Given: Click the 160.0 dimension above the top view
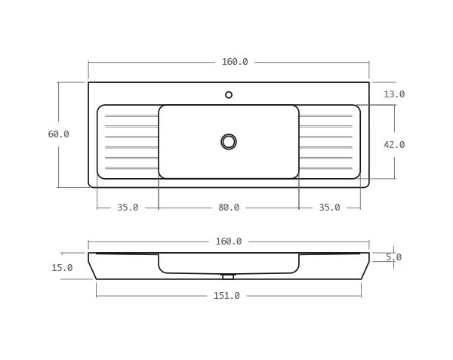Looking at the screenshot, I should click(235, 62).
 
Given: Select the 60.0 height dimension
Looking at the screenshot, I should click(58, 134).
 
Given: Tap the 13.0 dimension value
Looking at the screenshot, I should click(394, 94).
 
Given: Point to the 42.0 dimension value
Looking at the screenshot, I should click(394, 145).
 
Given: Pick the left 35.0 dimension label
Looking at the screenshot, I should click(128, 208).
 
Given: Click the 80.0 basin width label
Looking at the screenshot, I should click(229, 208).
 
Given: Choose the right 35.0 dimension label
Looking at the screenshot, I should click(329, 208).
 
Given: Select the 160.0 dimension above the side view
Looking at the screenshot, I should click(229, 242).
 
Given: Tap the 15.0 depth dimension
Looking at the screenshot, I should click(62, 268).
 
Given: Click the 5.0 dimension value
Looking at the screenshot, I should click(393, 257).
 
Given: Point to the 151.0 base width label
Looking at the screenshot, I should click(226, 296).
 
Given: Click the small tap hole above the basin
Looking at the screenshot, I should click(229, 95).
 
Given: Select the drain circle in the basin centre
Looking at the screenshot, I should click(229, 142).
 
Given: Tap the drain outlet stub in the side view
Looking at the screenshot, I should click(228, 277).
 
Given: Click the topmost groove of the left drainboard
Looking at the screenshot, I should click(131, 115).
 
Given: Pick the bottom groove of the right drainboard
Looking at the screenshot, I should click(325, 168).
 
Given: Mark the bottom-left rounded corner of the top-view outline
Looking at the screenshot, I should click(91, 185).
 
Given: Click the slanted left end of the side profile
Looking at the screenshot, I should click(92, 266).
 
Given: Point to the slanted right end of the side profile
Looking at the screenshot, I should click(365, 266).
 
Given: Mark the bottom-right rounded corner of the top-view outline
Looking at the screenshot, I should click(367, 185).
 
